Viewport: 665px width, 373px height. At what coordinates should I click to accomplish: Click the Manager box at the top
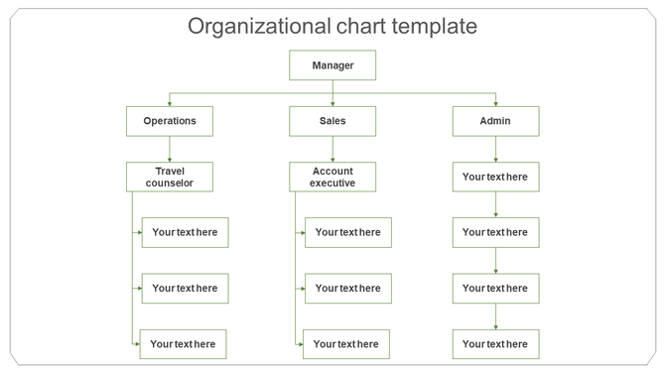tap(332, 65)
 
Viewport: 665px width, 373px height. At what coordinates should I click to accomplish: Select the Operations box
tap(170, 121)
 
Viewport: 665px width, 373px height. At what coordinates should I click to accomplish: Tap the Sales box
tap(332, 121)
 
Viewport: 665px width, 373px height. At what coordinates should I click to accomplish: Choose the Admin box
tap(495, 121)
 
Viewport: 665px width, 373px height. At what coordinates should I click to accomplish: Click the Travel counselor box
tap(170, 177)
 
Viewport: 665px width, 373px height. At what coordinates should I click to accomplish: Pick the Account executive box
tap(332, 177)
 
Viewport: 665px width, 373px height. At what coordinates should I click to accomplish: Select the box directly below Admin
tap(495, 177)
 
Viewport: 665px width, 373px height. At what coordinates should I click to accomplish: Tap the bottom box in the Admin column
tap(495, 344)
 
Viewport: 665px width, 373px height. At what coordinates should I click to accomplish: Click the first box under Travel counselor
tap(185, 232)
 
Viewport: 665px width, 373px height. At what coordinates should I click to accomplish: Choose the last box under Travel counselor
tap(183, 344)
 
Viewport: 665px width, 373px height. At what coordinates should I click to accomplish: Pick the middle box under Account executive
tap(347, 288)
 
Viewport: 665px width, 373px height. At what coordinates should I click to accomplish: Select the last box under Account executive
tap(345, 344)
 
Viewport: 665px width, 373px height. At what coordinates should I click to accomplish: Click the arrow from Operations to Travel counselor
tap(170, 149)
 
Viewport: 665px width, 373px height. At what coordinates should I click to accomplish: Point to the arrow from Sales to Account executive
tap(332, 149)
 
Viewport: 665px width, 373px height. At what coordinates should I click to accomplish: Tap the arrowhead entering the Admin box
tap(495, 103)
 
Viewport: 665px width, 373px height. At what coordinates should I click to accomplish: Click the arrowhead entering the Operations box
tap(170, 103)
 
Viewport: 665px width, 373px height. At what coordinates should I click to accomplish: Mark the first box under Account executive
tap(347, 232)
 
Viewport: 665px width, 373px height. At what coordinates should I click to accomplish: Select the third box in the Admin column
tap(495, 288)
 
